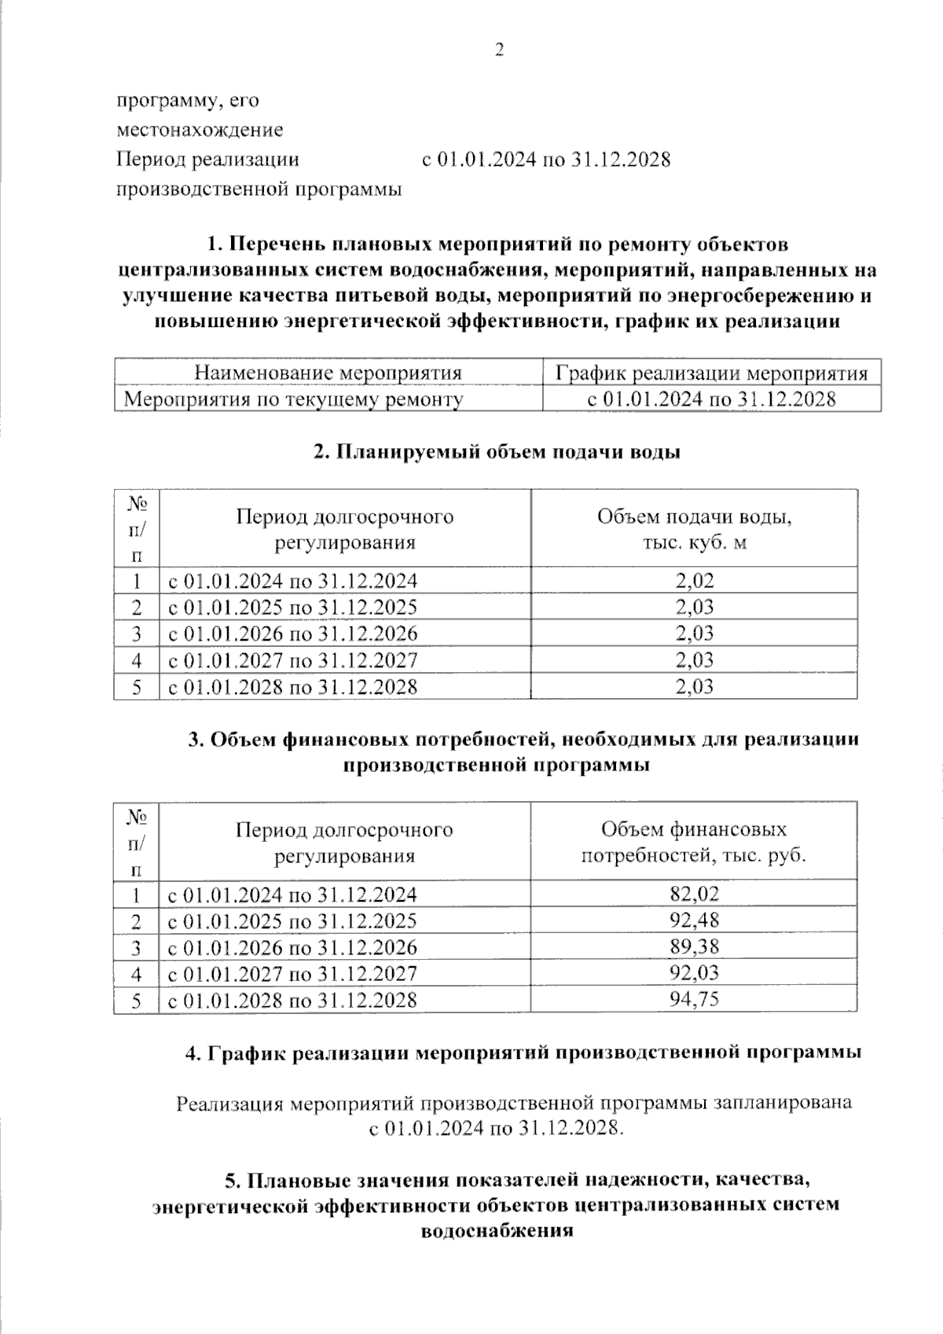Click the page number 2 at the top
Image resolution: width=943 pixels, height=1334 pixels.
(x=498, y=51)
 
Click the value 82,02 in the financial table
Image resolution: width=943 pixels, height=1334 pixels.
(x=694, y=894)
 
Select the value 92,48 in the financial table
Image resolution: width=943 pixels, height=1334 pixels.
(x=694, y=920)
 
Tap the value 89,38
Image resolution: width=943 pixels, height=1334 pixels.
(x=694, y=946)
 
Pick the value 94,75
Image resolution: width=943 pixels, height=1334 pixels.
(x=694, y=999)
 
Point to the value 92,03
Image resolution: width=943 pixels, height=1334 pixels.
(x=694, y=973)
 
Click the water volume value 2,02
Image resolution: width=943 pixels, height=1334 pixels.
(x=694, y=581)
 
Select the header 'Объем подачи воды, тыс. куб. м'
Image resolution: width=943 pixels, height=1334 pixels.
(x=694, y=529)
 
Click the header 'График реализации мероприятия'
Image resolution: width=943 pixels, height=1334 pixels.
(x=711, y=373)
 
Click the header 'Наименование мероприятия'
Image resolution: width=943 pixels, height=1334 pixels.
(x=328, y=373)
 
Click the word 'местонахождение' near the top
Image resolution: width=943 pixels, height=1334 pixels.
(x=200, y=130)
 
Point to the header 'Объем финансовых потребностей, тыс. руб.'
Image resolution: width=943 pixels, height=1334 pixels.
(x=694, y=842)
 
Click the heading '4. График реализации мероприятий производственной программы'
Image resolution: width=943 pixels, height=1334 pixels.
(x=523, y=1053)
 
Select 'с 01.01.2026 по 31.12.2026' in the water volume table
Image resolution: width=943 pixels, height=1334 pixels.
(x=292, y=634)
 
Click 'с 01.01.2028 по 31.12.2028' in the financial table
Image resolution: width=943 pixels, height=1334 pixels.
(x=292, y=1000)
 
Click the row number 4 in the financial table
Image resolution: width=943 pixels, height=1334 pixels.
(x=137, y=974)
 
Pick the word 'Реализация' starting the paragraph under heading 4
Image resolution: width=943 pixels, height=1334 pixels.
(x=229, y=1103)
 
